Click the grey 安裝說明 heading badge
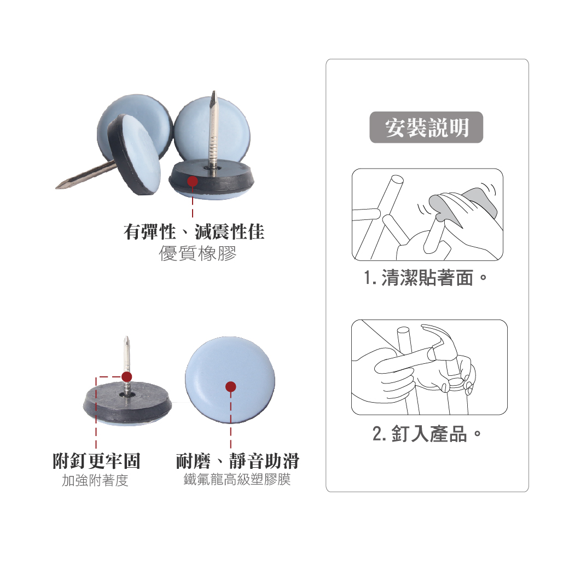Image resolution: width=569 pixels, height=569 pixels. tap(426, 127)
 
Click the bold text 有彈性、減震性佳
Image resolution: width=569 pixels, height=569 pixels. tap(194, 232)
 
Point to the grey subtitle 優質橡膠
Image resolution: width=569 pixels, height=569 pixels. tap(198, 253)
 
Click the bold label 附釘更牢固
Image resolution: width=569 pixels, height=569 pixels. tap(96, 461)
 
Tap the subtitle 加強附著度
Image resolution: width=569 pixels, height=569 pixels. tap(95, 480)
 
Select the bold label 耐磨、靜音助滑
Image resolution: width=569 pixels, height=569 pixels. tap(237, 461)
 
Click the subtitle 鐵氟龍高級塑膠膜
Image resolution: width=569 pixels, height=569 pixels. tap(237, 479)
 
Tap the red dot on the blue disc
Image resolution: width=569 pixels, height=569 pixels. tap(230, 387)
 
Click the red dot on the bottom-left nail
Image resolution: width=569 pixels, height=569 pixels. tap(126, 376)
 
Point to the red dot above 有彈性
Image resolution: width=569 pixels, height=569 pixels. tap(193, 181)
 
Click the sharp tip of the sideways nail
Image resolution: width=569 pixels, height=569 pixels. tap(56, 188)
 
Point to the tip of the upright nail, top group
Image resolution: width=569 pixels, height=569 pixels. tap(214, 92)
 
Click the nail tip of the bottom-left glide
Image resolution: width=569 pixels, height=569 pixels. tap(126, 338)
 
